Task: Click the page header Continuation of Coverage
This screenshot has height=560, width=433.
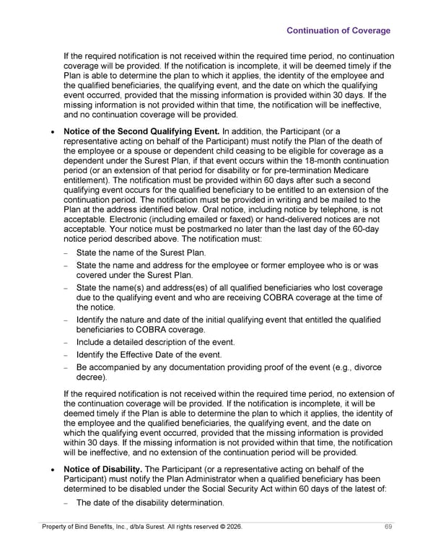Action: pyautogui.click(x=338, y=30)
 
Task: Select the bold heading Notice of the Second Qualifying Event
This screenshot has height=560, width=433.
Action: pyautogui.click(x=142, y=131)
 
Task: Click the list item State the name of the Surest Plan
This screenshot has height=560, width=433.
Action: pyautogui.click(x=141, y=253)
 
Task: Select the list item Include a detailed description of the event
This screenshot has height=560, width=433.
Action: pyautogui.click(x=155, y=342)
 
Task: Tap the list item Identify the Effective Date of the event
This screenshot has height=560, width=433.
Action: pyautogui.click(x=149, y=354)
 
